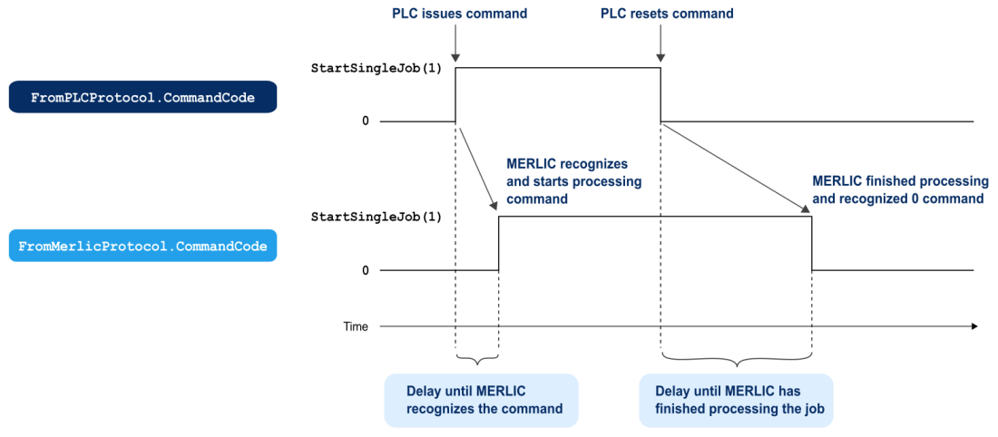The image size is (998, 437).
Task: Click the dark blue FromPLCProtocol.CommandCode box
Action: [x=142, y=97]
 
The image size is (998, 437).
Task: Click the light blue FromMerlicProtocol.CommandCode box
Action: [x=142, y=246]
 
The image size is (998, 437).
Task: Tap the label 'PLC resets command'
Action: [x=667, y=14]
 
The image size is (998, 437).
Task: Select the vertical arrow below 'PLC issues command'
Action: [x=455, y=44]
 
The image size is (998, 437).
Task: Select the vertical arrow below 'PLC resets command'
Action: [x=660, y=44]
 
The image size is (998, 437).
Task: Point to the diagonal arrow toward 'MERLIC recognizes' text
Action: [x=478, y=169]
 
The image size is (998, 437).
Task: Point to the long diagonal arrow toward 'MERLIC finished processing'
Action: [x=736, y=169]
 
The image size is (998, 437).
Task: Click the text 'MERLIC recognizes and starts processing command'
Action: [x=572, y=181]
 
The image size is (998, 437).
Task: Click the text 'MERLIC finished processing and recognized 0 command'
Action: [x=897, y=189]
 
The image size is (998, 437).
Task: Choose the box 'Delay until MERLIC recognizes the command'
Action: [x=481, y=400]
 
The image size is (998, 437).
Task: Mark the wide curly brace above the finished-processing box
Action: [x=735, y=359]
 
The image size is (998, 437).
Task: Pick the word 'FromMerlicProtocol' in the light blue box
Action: [x=93, y=246]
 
